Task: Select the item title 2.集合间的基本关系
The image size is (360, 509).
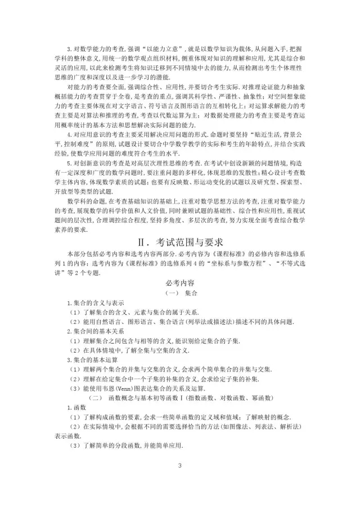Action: tap(93, 332)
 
